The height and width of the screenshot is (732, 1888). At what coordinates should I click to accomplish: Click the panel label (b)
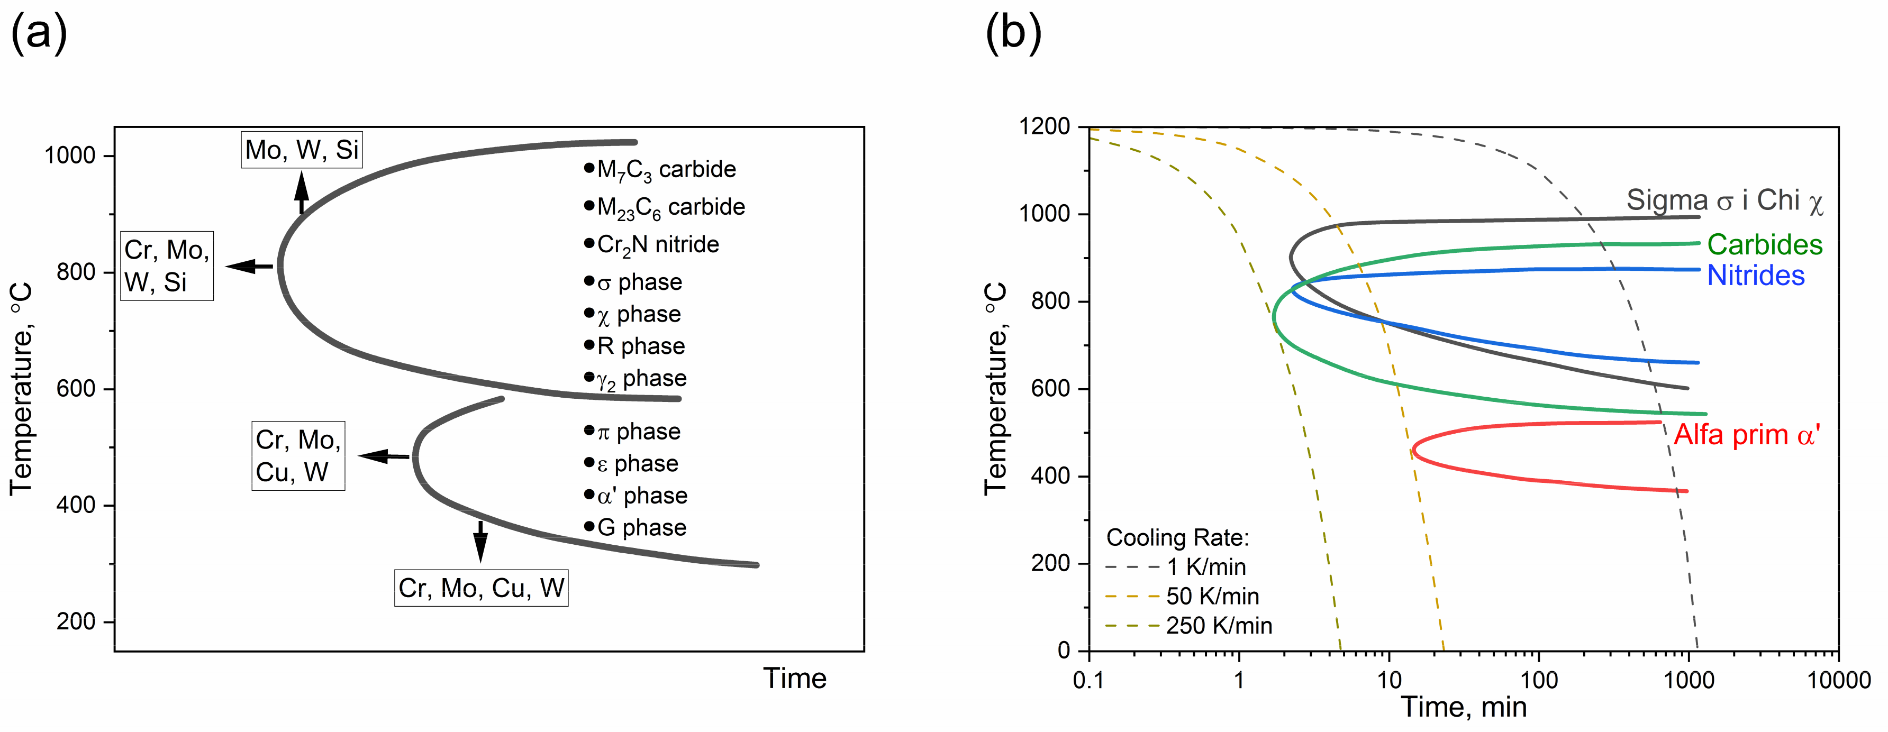1013,33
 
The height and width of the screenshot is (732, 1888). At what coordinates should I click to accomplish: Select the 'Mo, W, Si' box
301,150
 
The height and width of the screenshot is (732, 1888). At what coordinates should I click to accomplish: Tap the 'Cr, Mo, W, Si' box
167,266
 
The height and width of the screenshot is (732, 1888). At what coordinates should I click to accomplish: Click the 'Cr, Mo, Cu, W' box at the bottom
481,588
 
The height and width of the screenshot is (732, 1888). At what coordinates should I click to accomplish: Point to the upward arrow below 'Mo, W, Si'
301,192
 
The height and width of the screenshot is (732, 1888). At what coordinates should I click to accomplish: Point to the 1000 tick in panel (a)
70,155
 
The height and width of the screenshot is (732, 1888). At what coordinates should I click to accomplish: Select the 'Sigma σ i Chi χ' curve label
1724,200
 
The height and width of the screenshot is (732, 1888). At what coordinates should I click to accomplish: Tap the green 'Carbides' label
1764,245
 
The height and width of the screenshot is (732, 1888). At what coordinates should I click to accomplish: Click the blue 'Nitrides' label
1755,276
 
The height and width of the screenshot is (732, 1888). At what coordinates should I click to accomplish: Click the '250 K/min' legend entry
1218,626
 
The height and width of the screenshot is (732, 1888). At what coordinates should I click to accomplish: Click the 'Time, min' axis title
1464,707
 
